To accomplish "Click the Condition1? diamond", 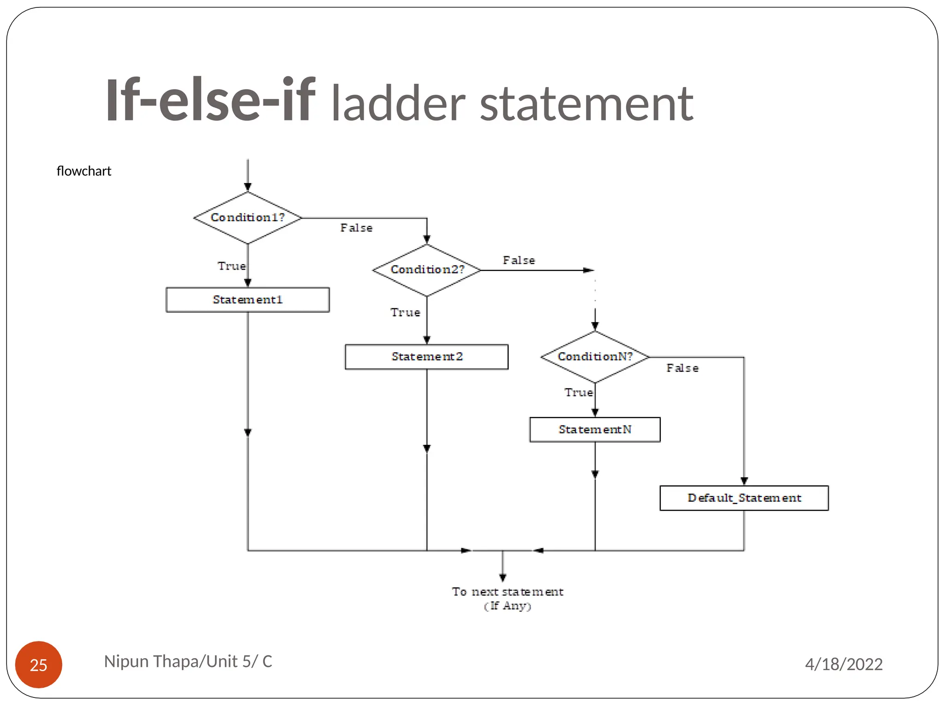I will point(248,218).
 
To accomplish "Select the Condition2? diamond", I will point(427,270).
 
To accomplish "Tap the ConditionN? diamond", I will point(595,357).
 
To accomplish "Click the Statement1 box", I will point(248,300).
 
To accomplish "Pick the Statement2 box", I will point(427,357).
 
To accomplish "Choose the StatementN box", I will point(595,430).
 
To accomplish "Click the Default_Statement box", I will point(744,498).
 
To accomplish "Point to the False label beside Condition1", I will point(356,228).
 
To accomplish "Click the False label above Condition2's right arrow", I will point(519,260).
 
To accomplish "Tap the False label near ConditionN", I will point(682,368).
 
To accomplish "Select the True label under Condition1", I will point(232,266).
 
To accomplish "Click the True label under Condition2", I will point(405,313).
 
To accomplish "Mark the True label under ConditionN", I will point(579,393).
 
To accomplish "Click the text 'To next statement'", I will point(507,592).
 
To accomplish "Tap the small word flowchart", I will point(84,171).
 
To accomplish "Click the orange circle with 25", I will point(39,665).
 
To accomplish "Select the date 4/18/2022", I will point(843,664).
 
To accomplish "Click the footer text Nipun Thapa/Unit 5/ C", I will point(188,661).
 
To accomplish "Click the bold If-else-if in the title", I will point(210,100).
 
